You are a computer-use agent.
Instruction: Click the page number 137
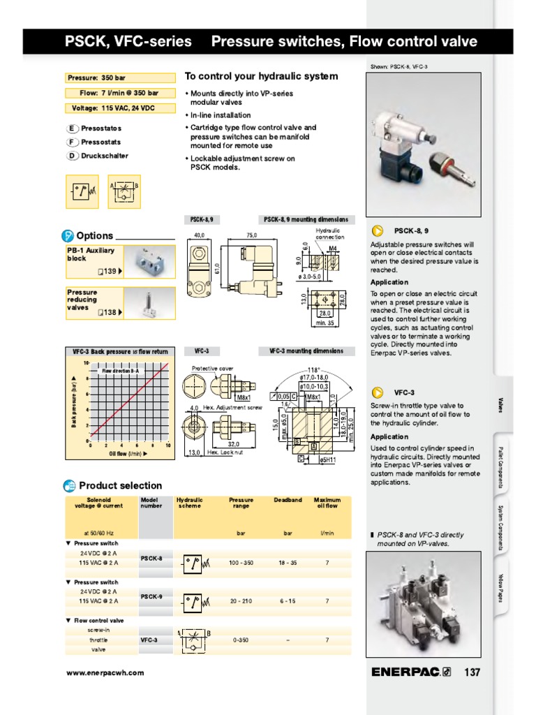(472, 672)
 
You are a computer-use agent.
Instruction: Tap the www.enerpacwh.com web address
(105, 672)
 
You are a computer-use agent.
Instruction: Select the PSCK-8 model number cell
(151, 558)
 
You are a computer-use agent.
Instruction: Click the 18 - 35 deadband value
(287, 561)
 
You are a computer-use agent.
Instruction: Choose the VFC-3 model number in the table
(149, 640)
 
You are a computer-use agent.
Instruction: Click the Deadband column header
(288, 500)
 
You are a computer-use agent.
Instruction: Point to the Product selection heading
(120, 485)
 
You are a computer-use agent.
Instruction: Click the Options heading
(94, 236)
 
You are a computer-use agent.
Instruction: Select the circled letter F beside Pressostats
(72, 142)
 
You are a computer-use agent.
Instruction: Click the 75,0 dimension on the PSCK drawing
(252, 235)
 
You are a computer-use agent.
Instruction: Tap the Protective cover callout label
(213, 369)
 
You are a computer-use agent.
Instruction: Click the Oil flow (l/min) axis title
(129, 455)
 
